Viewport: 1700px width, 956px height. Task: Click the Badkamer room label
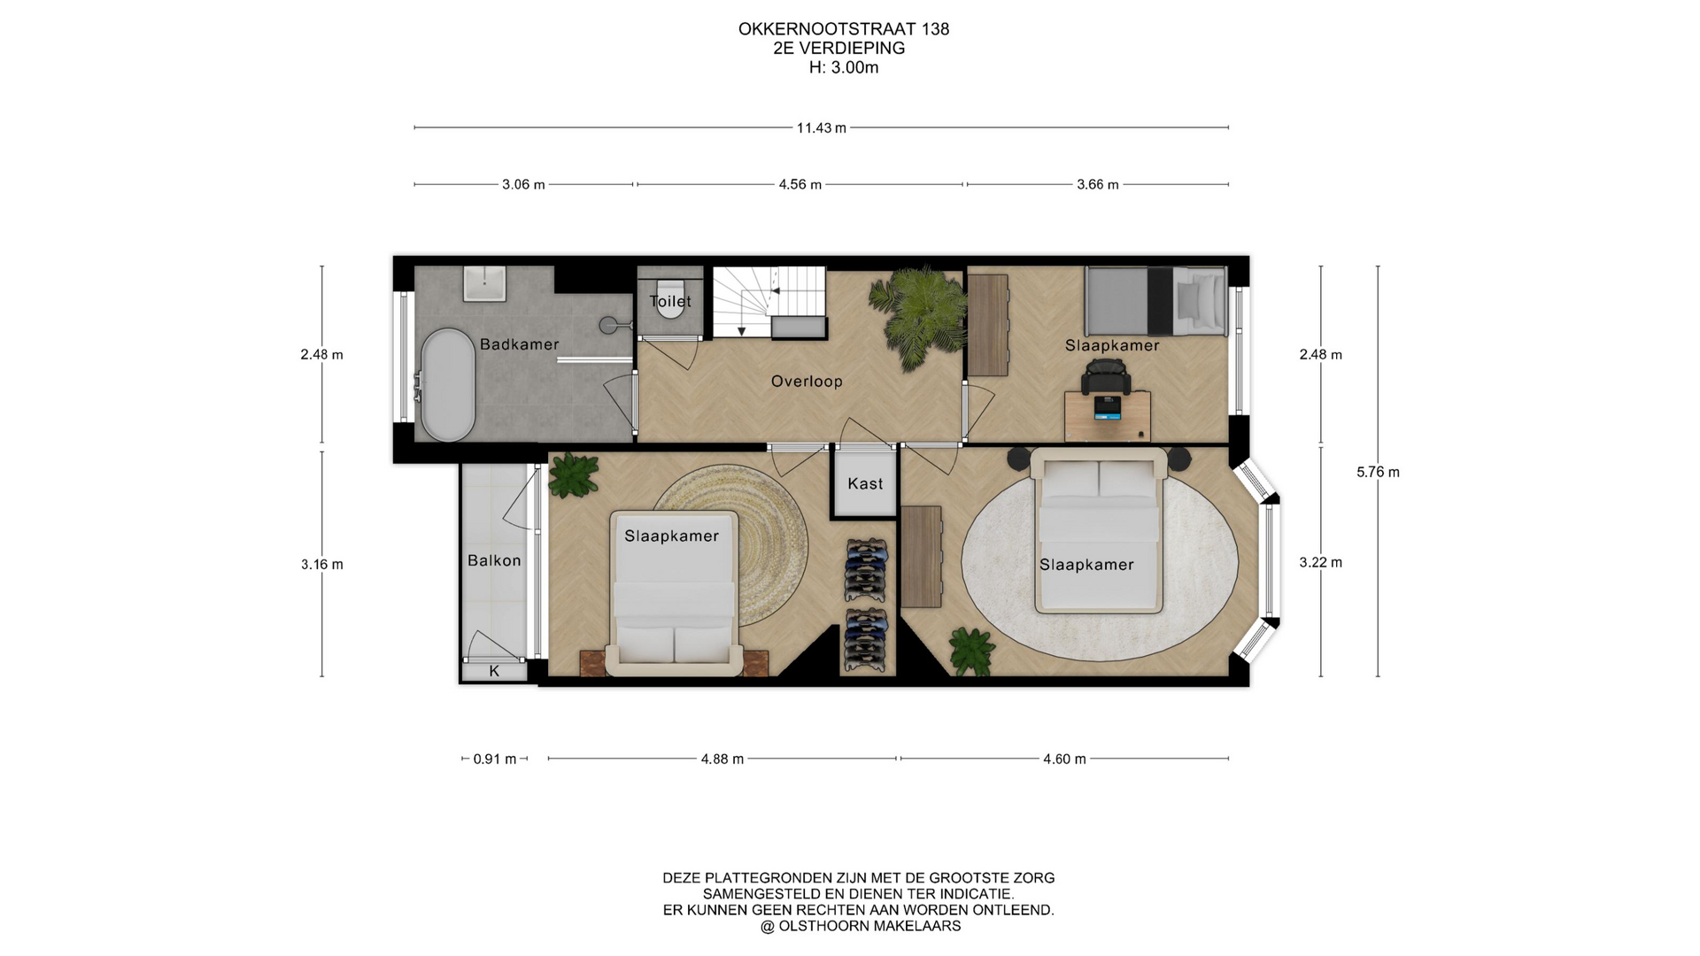tap(519, 344)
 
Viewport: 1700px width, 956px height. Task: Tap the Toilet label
tap(670, 301)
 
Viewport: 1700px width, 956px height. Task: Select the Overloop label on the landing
tap(807, 382)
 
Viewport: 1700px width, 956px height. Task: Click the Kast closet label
tap(865, 483)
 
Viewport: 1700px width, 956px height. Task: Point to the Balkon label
tap(494, 560)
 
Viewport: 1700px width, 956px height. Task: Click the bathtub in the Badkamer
tap(447, 385)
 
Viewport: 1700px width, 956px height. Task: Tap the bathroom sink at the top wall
tap(484, 283)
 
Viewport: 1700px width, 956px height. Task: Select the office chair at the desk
tap(1106, 377)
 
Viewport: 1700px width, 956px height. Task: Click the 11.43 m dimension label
tap(822, 128)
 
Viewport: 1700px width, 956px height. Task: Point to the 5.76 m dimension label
tap(1378, 473)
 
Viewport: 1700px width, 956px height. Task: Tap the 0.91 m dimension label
tap(495, 759)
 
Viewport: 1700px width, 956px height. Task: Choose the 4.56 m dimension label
tap(800, 185)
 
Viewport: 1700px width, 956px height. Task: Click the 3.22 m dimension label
tap(1321, 563)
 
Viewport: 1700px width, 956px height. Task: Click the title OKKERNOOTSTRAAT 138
tap(844, 29)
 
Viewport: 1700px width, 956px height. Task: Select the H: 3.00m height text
tap(844, 68)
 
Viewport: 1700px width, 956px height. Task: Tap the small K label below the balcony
tap(494, 671)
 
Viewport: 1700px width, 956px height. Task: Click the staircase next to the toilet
tap(769, 302)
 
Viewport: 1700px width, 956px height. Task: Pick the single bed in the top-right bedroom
tap(1155, 302)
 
